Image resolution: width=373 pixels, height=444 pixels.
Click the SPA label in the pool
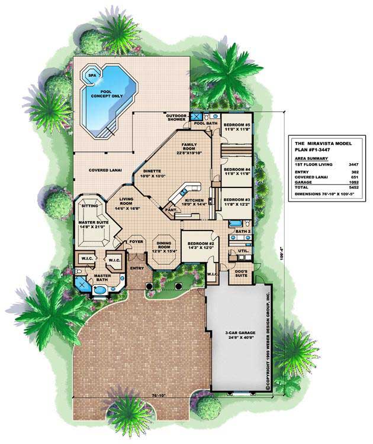(x=91, y=76)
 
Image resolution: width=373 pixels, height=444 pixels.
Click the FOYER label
(x=137, y=241)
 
